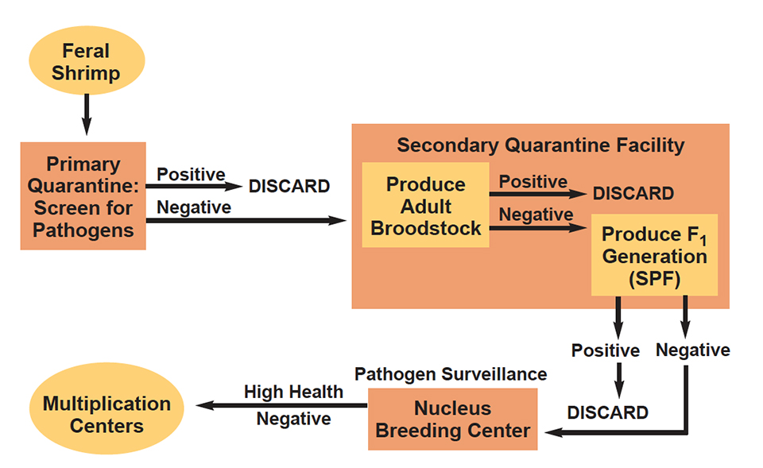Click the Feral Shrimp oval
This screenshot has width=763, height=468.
[86, 63]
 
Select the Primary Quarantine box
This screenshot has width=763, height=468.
[83, 196]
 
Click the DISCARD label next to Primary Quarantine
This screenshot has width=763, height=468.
[289, 187]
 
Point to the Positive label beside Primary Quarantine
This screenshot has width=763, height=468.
[191, 174]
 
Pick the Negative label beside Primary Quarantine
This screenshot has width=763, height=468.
[194, 207]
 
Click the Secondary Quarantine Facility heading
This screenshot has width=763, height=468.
[540, 145]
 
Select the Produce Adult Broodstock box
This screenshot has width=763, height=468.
[425, 206]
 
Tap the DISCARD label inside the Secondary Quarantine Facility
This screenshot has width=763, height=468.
[633, 194]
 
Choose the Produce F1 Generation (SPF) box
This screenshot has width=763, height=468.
[654, 256]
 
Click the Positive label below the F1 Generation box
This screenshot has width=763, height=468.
[605, 350]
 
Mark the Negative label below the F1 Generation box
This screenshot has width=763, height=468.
[692, 350]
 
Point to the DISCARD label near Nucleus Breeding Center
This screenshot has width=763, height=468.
[607, 412]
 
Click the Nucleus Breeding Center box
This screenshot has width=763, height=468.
[452, 419]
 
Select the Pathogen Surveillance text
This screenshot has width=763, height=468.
[451, 373]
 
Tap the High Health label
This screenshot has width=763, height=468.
[293, 392]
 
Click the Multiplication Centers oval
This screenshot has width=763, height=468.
[107, 414]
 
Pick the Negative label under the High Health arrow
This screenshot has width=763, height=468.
[293, 420]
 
